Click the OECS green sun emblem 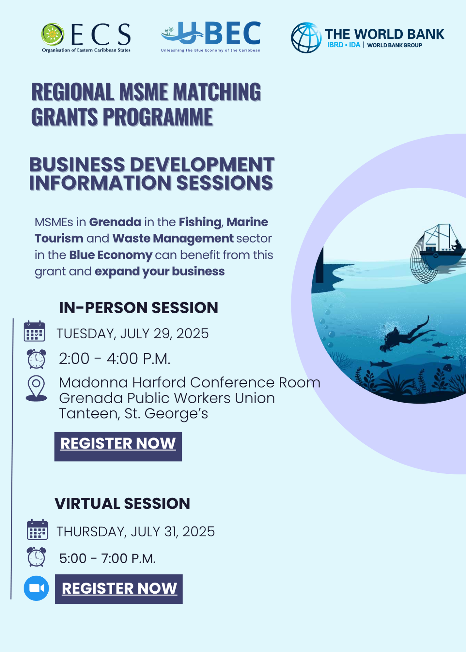(53, 34)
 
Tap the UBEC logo (211, 37)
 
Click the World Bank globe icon (306, 37)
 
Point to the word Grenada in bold (115, 222)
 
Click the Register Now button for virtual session (119, 589)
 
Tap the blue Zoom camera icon (36, 588)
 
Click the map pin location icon (36, 388)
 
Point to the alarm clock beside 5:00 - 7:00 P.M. (36, 557)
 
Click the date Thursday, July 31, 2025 (136, 532)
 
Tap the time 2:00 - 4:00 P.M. (115, 359)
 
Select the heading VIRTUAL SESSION (122, 503)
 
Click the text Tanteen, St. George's (133, 414)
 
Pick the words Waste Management (173, 239)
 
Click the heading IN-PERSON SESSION (138, 308)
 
